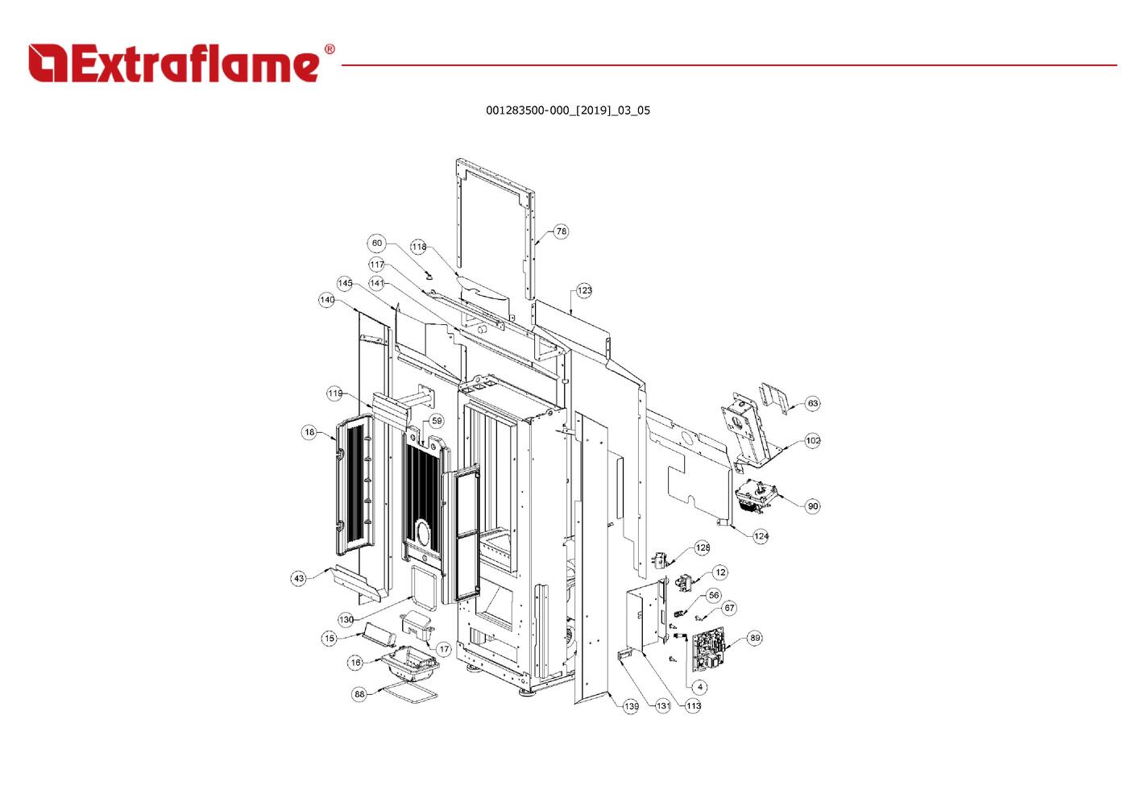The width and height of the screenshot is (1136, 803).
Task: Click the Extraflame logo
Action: pos(181,63)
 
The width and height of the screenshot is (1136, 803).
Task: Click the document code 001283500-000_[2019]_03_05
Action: pos(567,110)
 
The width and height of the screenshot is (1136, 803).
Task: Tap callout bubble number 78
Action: pos(561,231)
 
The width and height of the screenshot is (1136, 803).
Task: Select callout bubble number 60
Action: pos(377,243)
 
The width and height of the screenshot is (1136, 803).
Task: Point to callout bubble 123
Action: pos(584,290)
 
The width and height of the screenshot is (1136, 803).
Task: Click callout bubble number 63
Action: pos(812,404)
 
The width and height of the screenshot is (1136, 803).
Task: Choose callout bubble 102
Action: pos(812,440)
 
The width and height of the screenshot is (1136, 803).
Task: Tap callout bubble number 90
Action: pos(812,506)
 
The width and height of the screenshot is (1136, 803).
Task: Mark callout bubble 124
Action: pos(761,536)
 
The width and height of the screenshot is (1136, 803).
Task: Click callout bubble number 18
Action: pos(309,432)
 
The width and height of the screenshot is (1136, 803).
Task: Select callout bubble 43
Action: pos(299,578)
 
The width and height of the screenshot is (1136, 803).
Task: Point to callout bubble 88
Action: pos(359,694)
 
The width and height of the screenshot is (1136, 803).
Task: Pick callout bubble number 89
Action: pos(755,638)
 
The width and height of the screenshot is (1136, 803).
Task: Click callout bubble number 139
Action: pos(631,706)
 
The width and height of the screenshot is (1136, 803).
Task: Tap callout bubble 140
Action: pos(327,300)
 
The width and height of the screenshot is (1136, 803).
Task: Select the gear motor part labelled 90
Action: pos(755,497)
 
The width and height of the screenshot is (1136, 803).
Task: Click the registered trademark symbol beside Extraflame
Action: pos(330,49)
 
